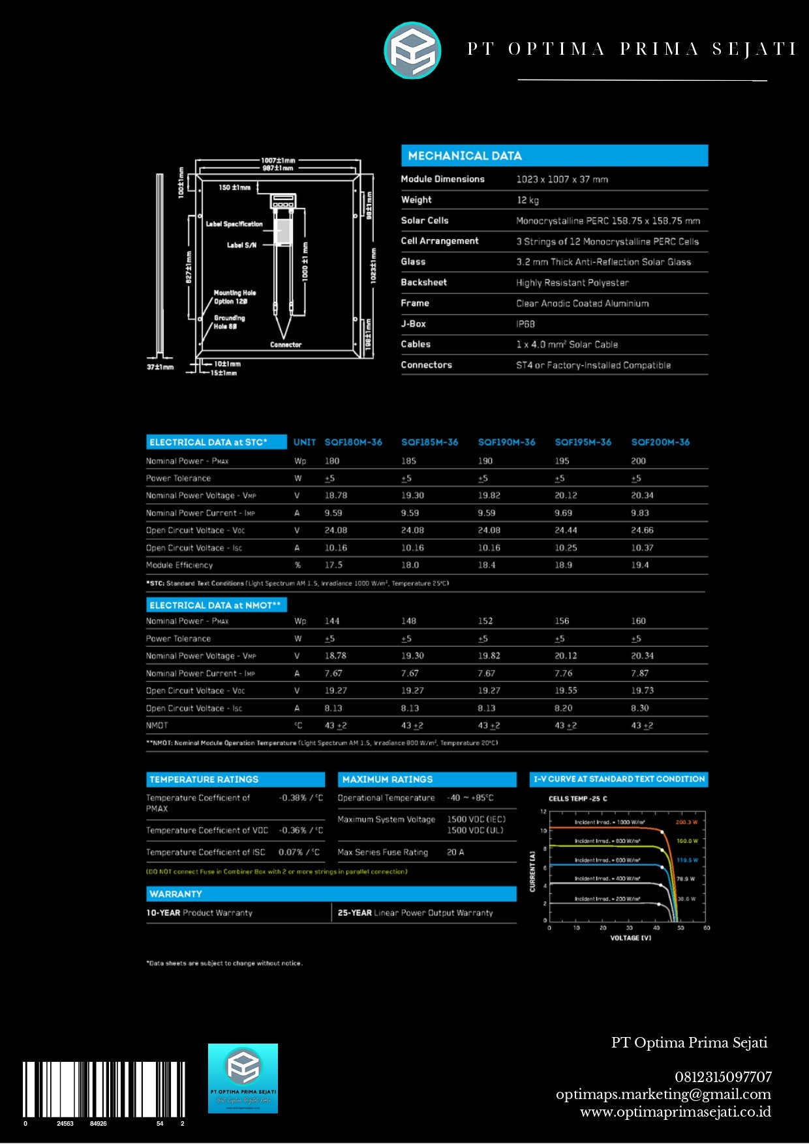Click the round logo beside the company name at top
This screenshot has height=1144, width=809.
[x=412, y=50]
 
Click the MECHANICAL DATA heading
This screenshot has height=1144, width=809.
[x=465, y=156]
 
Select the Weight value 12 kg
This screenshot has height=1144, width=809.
[x=528, y=200]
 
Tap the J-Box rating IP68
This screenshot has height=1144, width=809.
[x=525, y=324]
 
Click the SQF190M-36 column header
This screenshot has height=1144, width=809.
[x=506, y=442]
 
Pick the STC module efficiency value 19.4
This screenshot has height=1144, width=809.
[x=639, y=565]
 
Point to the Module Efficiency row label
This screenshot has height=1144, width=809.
[x=179, y=565]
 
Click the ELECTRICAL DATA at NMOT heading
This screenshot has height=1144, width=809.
[x=215, y=606]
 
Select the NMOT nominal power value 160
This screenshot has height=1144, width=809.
[x=638, y=621]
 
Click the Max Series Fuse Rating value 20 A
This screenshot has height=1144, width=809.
[x=455, y=852]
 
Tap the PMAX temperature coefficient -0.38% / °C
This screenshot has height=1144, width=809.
[x=301, y=798]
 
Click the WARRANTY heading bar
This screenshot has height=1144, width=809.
[x=331, y=894]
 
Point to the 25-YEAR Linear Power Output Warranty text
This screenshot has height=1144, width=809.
[x=415, y=913]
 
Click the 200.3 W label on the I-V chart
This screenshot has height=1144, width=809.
[x=686, y=822]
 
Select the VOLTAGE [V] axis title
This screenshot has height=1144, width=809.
[x=630, y=938]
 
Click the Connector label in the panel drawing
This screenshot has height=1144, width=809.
[x=286, y=345]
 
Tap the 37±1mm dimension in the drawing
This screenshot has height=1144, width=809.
[x=160, y=367]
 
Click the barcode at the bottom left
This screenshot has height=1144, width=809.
[x=104, y=1089]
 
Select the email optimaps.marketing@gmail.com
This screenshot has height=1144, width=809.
[x=663, y=1094]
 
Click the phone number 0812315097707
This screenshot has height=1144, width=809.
[x=723, y=1077]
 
